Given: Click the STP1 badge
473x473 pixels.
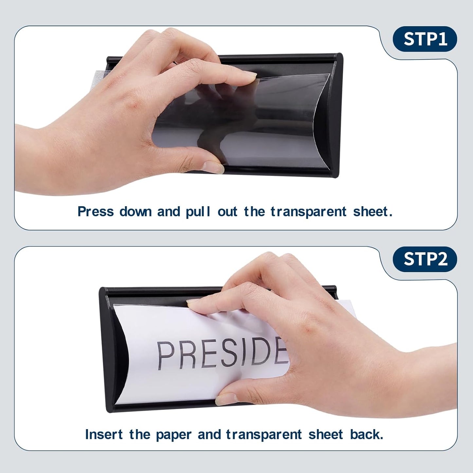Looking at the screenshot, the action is click(x=425, y=39).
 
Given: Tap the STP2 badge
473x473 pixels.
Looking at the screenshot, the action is click(x=425, y=259).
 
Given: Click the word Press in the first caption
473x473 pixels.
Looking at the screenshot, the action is click(x=96, y=211).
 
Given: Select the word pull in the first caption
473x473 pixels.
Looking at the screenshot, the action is click(x=198, y=212).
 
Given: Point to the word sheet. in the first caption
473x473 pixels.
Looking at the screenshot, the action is click(x=373, y=211).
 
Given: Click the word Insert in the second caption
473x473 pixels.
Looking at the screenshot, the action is click(x=103, y=434).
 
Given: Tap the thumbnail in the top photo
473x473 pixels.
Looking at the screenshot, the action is click(x=213, y=167).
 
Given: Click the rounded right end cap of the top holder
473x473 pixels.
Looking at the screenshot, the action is click(x=336, y=115).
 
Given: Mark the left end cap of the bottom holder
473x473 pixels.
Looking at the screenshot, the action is click(x=104, y=349).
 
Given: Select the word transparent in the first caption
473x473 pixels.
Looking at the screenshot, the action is click(x=308, y=212).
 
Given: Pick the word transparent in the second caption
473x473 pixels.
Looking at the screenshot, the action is click(x=264, y=435).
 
